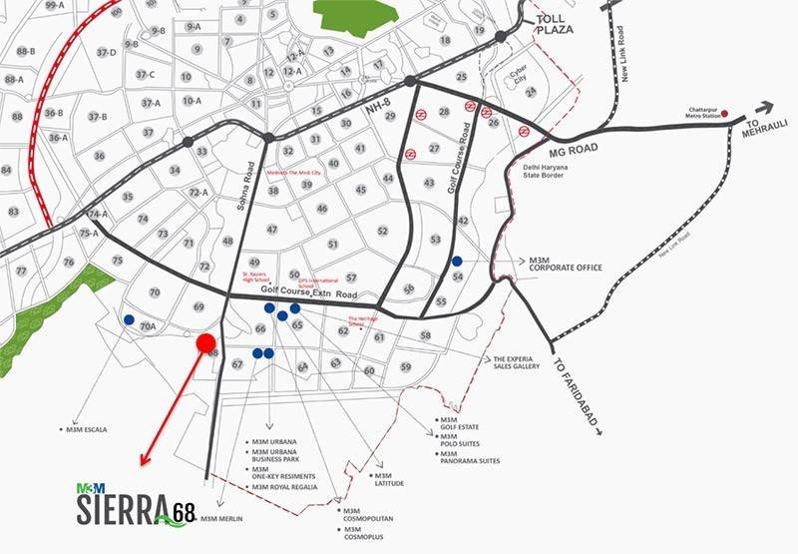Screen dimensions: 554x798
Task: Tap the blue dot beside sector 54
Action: [457, 262]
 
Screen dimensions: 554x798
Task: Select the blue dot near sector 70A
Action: [129, 320]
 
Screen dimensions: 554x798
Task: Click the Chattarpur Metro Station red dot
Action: [725, 113]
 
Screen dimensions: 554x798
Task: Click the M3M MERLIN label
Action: [221, 519]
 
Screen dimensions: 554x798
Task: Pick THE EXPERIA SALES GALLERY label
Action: [516, 362]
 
